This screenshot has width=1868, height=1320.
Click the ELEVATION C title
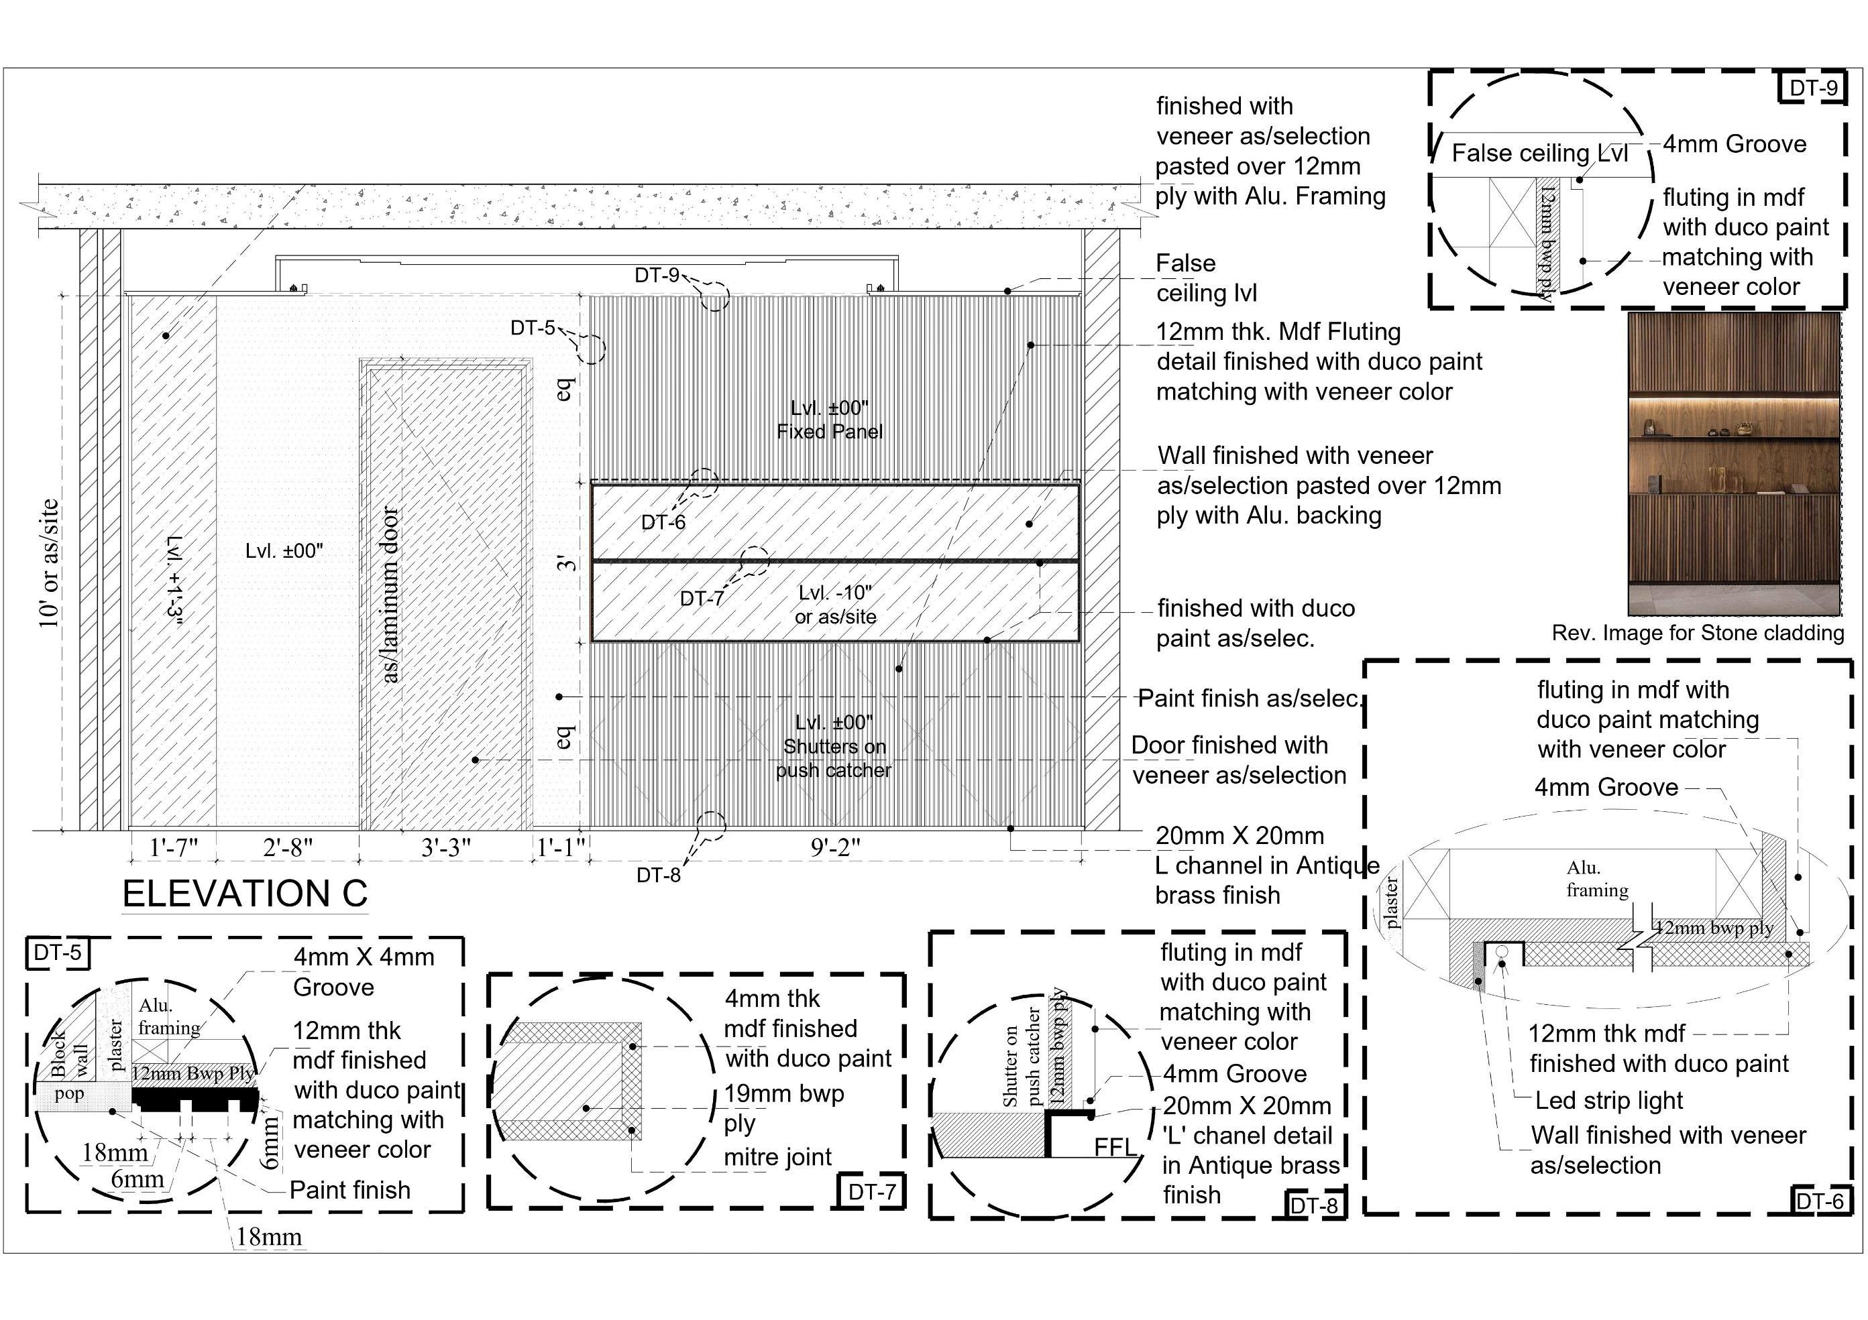(x=245, y=894)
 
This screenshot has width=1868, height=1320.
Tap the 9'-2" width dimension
(x=835, y=847)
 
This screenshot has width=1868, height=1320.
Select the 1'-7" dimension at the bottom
(x=173, y=847)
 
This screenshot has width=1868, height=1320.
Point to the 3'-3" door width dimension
(x=446, y=847)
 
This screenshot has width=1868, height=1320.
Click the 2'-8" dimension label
(x=288, y=847)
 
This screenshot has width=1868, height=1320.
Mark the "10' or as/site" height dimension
(x=49, y=563)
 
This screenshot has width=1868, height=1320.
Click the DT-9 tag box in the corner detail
(x=1813, y=88)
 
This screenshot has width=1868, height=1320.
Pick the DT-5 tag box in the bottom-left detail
(x=57, y=953)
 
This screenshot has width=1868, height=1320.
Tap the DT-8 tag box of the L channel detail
(x=1314, y=1205)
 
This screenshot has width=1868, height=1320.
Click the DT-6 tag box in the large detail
(x=1819, y=1201)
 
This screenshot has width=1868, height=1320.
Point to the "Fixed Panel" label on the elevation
(x=829, y=432)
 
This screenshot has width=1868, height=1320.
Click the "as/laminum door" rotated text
(x=390, y=595)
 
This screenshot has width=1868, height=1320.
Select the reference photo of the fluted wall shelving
(x=1734, y=464)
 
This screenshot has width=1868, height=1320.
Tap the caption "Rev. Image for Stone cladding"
(x=1697, y=633)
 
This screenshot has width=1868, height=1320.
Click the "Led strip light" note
(x=1608, y=1100)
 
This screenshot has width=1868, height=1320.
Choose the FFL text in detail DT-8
(x=1115, y=1147)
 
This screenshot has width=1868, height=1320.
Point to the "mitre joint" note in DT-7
(x=778, y=1156)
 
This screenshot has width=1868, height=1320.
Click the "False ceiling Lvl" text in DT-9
(x=1539, y=153)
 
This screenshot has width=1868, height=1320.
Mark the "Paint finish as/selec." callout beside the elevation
(x=1249, y=698)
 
